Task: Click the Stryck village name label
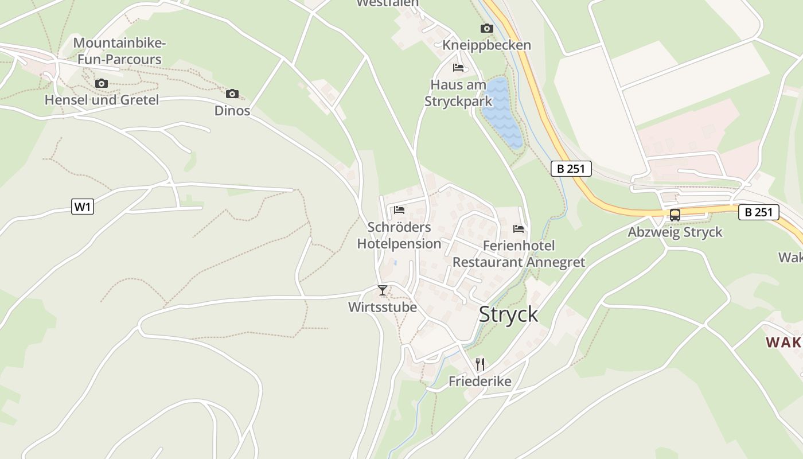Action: pos(508,314)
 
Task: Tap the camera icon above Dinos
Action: pos(232,94)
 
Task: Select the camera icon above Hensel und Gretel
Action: pos(102,83)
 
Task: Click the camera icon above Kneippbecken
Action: pos(486,28)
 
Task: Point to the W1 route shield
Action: pos(83,207)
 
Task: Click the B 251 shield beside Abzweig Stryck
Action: pos(758,212)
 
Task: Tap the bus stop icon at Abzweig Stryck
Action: pos(675,215)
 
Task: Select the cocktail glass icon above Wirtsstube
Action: pos(383,290)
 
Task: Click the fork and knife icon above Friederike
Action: pos(480,364)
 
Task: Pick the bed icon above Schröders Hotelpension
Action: pos(399,209)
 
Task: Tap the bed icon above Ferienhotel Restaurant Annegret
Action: pos(519,229)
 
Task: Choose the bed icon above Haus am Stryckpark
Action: pos(458,68)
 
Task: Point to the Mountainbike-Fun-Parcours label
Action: pos(120,51)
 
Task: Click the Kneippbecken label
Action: pos(486,45)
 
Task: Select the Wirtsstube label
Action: pos(383,308)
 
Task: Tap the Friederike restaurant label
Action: pos(480,381)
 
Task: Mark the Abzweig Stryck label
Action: pos(675,232)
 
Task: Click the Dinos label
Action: pos(232,110)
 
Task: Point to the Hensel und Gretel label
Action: pos(102,100)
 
